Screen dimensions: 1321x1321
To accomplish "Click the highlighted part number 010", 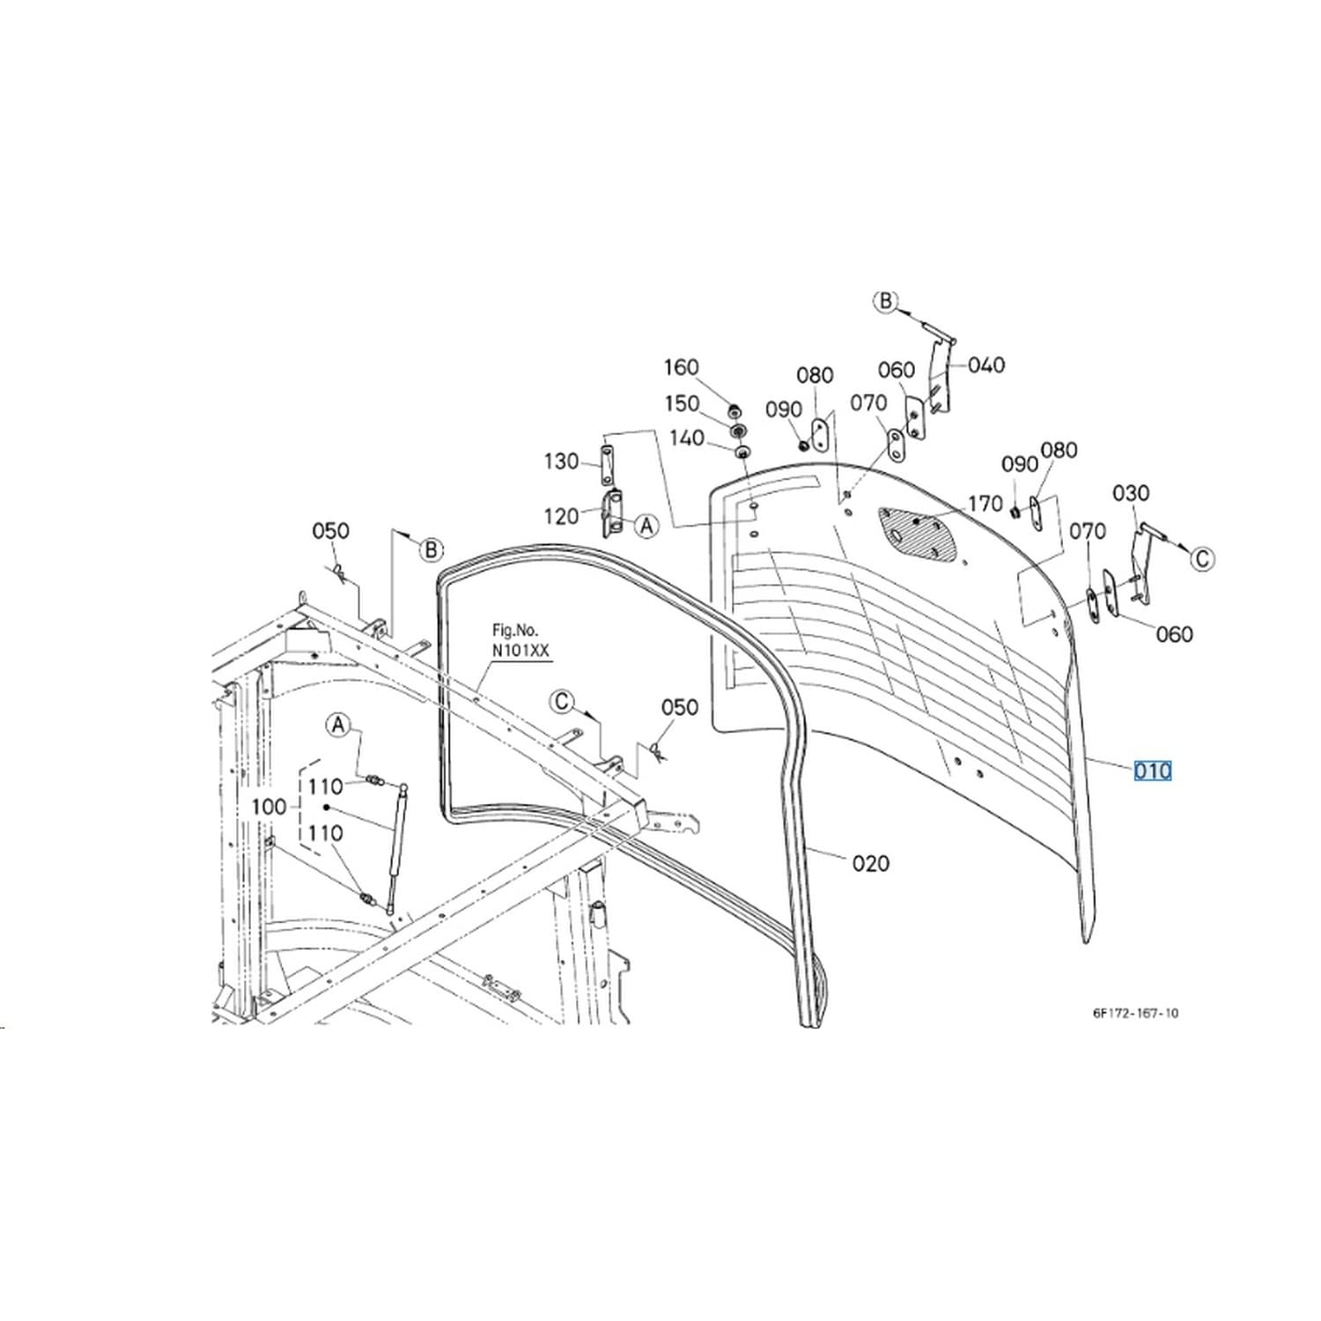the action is point(1153,771).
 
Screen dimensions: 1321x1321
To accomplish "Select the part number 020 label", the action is point(871,863).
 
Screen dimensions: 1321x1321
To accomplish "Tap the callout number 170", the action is point(985,504).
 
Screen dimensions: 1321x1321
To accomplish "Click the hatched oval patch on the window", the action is point(919,532).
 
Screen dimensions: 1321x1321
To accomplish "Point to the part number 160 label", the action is point(681,367).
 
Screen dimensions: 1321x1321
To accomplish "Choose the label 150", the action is point(682,403).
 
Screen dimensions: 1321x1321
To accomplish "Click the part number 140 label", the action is point(687,438).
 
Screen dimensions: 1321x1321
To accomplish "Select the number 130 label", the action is point(561,461).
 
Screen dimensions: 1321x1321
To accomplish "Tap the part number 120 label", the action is point(561,516).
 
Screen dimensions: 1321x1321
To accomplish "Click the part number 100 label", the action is point(269,807).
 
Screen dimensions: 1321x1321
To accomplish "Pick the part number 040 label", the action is point(986,365).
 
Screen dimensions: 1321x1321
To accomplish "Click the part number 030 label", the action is point(1131,493).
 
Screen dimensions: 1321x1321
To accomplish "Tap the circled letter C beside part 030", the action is point(1203,558).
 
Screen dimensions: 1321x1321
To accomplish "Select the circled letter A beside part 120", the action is point(647,526).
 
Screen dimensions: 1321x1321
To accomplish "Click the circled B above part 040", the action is point(886,301).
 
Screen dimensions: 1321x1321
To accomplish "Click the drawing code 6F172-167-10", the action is point(1135,1013).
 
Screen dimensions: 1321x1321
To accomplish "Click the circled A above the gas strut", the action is point(338,726).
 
